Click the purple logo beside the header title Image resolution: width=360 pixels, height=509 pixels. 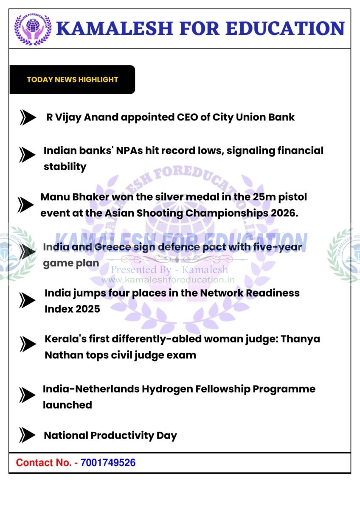click(x=33, y=29)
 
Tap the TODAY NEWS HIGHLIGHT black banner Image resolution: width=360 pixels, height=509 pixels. click(x=72, y=79)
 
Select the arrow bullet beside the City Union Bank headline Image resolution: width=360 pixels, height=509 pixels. click(x=28, y=117)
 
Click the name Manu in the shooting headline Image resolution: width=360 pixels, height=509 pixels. click(x=53, y=197)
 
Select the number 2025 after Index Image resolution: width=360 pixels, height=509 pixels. click(x=88, y=309)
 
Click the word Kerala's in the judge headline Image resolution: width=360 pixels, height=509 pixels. click(x=61, y=339)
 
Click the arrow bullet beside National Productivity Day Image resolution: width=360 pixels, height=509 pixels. click(x=27, y=435)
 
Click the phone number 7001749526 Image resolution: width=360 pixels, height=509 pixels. click(x=108, y=462)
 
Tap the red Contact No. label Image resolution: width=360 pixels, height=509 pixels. click(x=44, y=462)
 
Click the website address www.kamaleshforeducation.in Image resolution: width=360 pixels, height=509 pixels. click(x=168, y=280)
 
